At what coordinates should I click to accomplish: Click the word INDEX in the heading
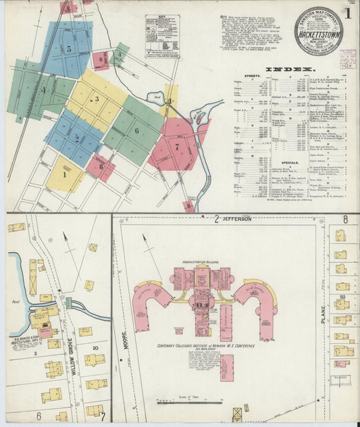(290, 70)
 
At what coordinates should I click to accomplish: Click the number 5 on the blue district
(69, 49)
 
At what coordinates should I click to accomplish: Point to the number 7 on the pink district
(177, 146)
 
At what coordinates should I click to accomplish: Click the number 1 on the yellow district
(65, 174)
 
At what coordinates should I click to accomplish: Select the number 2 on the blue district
(77, 139)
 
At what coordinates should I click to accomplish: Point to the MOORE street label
(126, 334)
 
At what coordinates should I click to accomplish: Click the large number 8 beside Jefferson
(345, 220)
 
